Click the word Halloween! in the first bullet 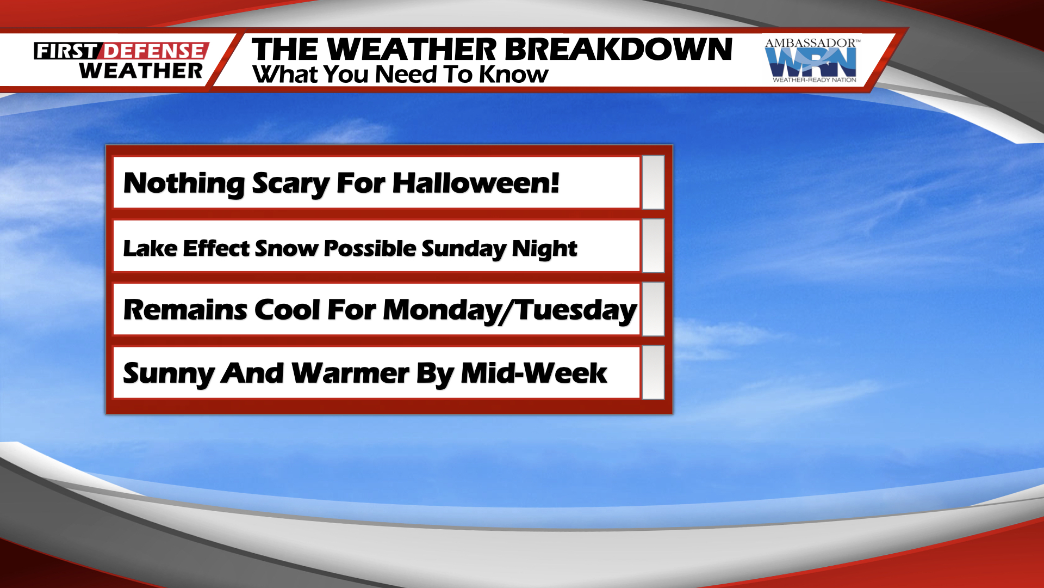coord(476,183)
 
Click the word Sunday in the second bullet coord(463,249)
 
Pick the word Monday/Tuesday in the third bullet coord(509,310)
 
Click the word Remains coord(185,310)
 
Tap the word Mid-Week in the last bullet coord(533,373)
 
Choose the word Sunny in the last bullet coord(169,374)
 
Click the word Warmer coord(350,373)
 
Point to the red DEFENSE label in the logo coord(154,51)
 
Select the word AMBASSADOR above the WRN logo coord(810,43)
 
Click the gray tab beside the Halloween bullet coord(653,182)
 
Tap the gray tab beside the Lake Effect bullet coord(653,246)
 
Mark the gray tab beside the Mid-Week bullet coord(653,372)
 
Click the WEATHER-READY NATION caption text coord(814,80)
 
